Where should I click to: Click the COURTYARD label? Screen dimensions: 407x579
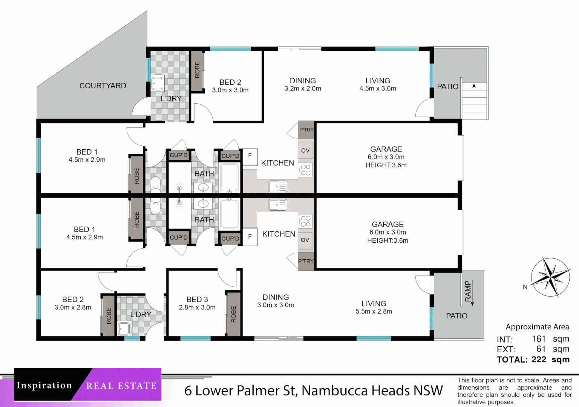point(103,86)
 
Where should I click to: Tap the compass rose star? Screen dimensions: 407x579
point(550,277)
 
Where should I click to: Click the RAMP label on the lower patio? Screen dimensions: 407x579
point(468,291)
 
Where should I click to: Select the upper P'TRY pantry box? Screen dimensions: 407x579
point(306,130)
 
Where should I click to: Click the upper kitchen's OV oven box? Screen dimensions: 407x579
point(305,150)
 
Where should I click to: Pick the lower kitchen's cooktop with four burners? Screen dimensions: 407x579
point(306,221)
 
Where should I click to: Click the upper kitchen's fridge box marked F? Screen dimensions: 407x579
point(250,156)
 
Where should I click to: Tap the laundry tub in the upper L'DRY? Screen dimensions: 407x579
point(158,83)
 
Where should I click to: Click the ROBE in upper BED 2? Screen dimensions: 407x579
point(197,70)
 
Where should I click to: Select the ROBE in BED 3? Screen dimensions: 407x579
point(233,314)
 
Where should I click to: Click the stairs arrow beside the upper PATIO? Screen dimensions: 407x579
point(474,89)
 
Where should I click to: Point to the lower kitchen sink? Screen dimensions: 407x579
point(278,205)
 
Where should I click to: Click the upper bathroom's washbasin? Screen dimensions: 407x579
point(203,187)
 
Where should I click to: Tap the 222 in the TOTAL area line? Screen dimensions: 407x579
point(539,360)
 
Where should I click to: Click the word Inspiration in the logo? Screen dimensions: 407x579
point(44,385)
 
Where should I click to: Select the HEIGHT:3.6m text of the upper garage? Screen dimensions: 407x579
point(386,165)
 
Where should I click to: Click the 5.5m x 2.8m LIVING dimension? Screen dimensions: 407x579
point(374,312)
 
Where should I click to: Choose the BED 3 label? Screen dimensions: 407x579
point(197,299)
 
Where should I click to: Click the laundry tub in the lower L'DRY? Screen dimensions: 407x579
point(124,329)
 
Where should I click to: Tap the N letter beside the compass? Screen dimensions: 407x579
point(525,287)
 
